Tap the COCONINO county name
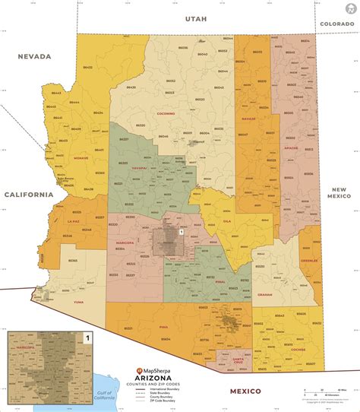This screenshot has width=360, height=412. (167, 114)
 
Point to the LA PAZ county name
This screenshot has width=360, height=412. (74, 220)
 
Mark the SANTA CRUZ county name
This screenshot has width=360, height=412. (238, 357)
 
